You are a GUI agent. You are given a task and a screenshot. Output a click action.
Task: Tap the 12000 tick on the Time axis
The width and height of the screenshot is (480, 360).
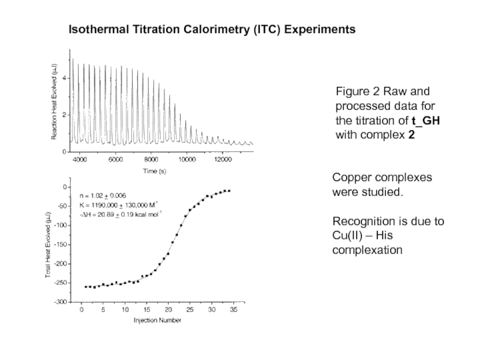click(x=223, y=160)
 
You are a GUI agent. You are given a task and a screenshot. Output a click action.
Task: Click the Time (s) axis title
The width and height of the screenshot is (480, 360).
click(x=154, y=172)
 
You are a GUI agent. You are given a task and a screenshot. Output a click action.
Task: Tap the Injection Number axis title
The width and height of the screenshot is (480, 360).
click(x=157, y=320)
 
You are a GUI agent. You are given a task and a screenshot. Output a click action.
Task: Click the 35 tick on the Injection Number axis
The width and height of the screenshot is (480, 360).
click(x=233, y=310)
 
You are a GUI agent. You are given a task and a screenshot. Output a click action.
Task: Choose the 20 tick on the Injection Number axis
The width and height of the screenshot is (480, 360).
click(x=168, y=310)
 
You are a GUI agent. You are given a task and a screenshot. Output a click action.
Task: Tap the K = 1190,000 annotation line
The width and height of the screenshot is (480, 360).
click(x=118, y=203)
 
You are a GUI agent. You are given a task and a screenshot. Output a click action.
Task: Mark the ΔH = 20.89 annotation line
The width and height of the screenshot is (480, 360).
click(x=120, y=213)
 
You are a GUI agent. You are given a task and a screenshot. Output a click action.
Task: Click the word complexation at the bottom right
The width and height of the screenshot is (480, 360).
click(x=367, y=249)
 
